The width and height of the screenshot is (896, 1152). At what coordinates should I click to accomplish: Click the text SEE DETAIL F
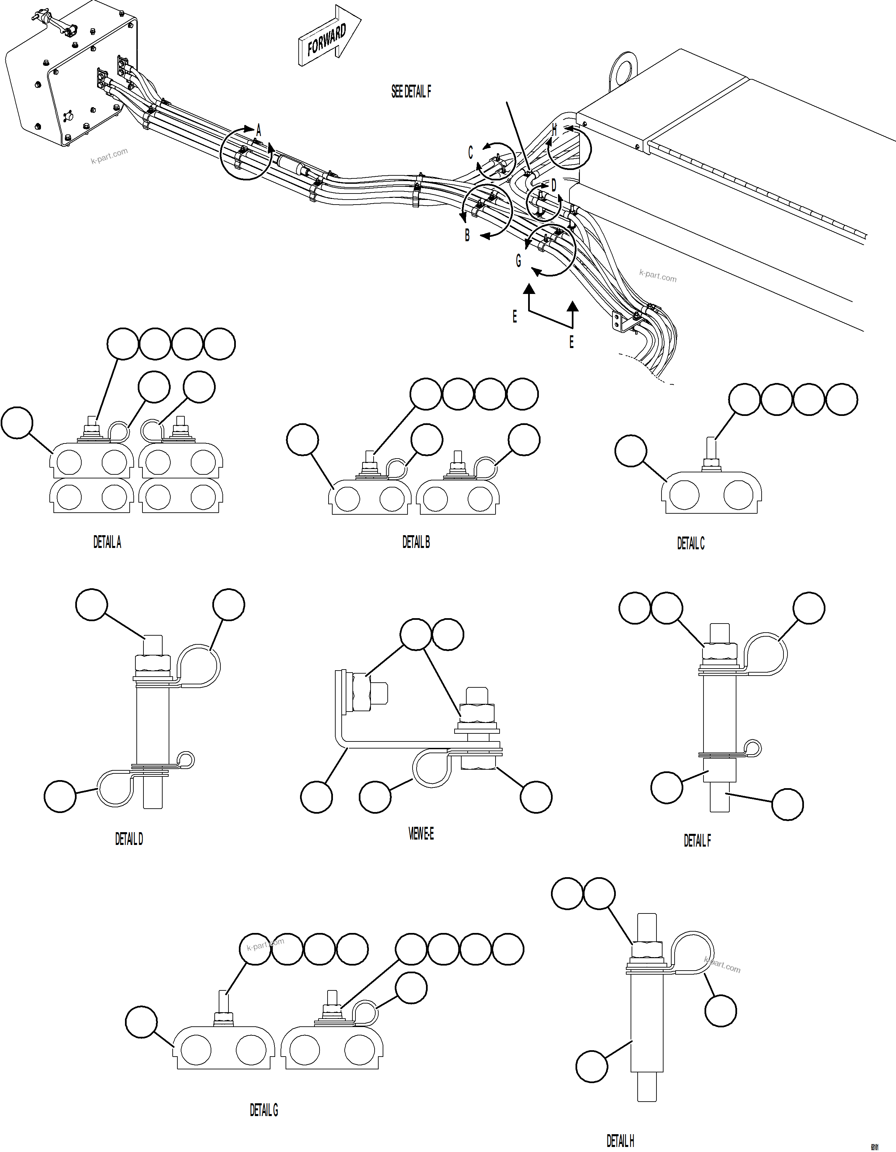411,92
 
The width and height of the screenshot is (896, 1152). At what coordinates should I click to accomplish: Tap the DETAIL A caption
107,542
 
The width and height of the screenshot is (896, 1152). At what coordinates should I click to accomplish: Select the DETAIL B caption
416,542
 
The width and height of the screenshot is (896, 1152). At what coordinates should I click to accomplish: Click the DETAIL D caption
129,839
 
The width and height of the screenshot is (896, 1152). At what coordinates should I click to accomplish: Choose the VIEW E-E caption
421,834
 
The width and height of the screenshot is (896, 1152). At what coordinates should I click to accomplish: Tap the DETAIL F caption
697,841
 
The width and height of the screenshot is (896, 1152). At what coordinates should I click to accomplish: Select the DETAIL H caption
620,1141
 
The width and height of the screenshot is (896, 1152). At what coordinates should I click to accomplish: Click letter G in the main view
518,261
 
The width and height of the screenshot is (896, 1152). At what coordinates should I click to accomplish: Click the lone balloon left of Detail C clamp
630,451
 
